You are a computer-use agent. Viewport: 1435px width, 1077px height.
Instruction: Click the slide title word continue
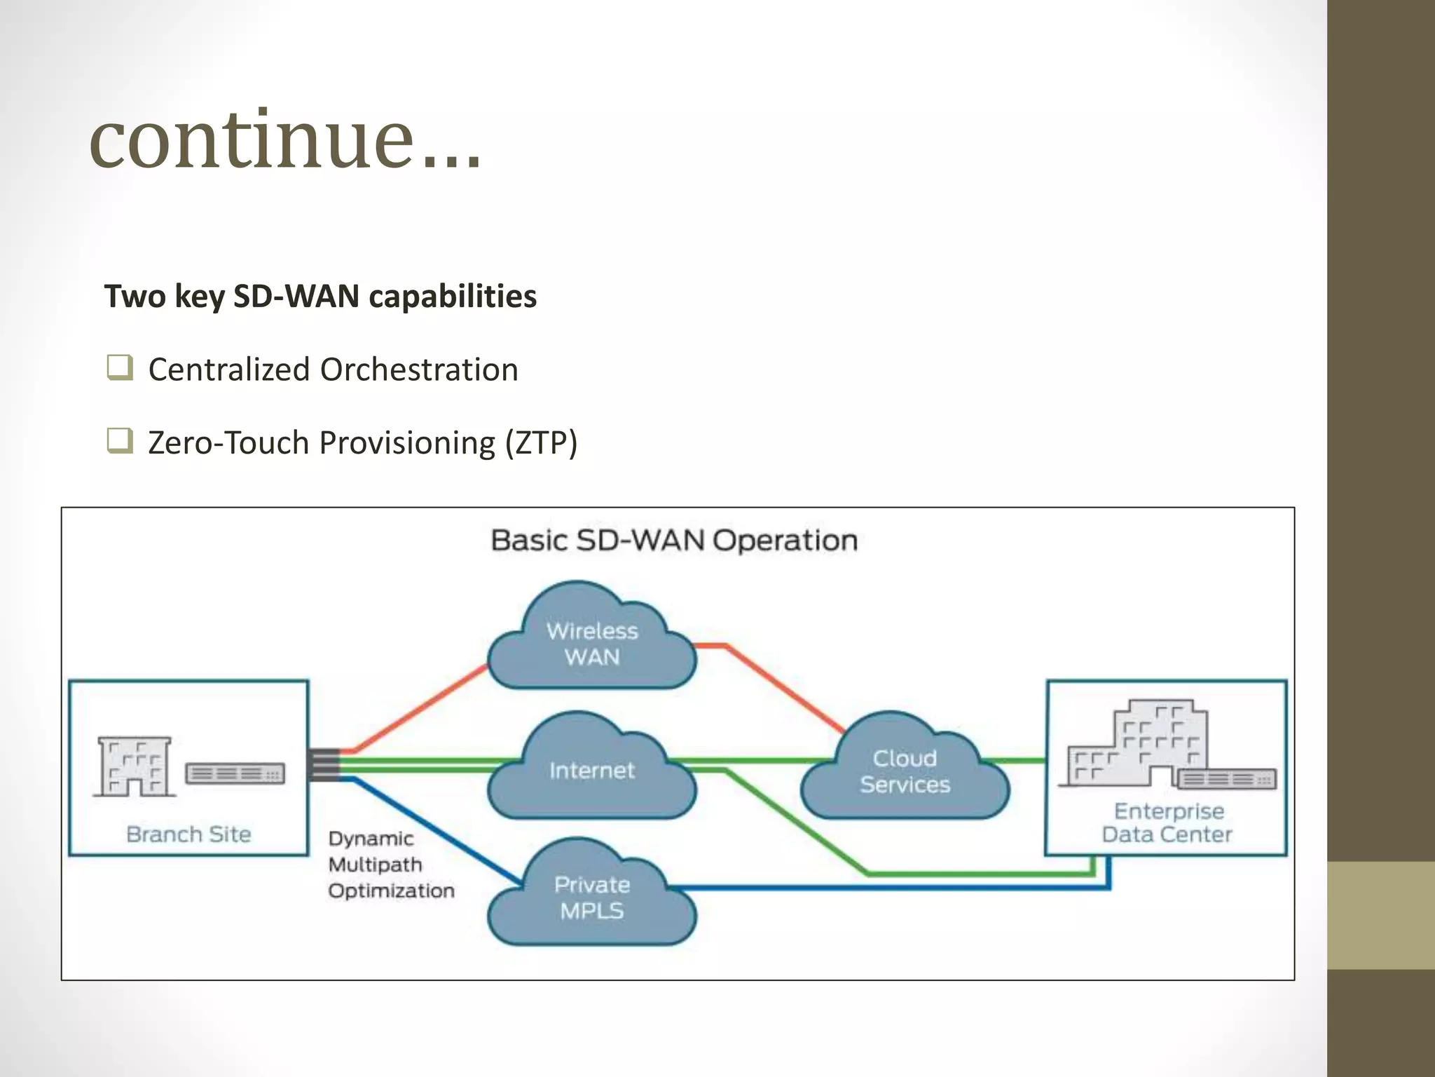pyautogui.click(x=252, y=140)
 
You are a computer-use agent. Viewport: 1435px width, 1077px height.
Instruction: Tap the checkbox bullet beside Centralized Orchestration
pyautogui.click(x=119, y=368)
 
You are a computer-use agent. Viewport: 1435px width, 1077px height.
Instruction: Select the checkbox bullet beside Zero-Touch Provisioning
pyautogui.click(x=119, y=441)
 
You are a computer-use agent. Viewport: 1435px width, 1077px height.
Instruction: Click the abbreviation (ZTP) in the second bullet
pyautogui.click(x=541, y=443)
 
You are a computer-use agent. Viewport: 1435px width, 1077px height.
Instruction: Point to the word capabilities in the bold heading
pyautogui.click(x=453, y=297)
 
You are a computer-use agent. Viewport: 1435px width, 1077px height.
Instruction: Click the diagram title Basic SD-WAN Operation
pyautogui.click(x=674, y=541)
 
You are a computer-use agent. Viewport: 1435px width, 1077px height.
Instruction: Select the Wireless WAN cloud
pyautogui.click(x=592, y=642)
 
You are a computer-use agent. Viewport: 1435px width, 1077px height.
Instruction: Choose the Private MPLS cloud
pyautogui.click(x=592, y=897)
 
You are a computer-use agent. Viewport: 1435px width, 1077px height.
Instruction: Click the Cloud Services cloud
pyautogui.click(x=905, y=771)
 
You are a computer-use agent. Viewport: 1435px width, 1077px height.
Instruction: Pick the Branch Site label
pyautogui.click(x=188, y=834)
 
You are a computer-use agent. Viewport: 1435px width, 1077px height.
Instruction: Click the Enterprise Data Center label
pyautogui.click(x=1167, y=823)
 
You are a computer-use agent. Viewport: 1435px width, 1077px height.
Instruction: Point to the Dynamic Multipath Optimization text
pyautogui.click(x=390, y=865)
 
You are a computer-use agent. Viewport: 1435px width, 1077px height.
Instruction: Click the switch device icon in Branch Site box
pyautogui.click(x=235, y=774)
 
